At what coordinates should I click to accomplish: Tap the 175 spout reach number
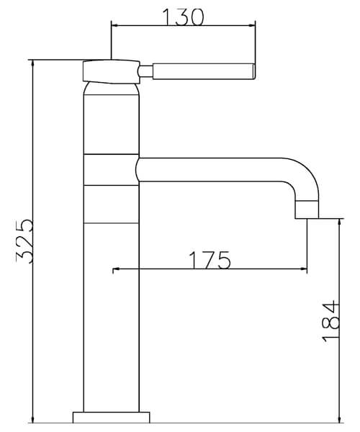[210, 259]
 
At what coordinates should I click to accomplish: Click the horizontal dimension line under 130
[183, 27]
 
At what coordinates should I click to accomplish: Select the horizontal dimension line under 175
[210, 271]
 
